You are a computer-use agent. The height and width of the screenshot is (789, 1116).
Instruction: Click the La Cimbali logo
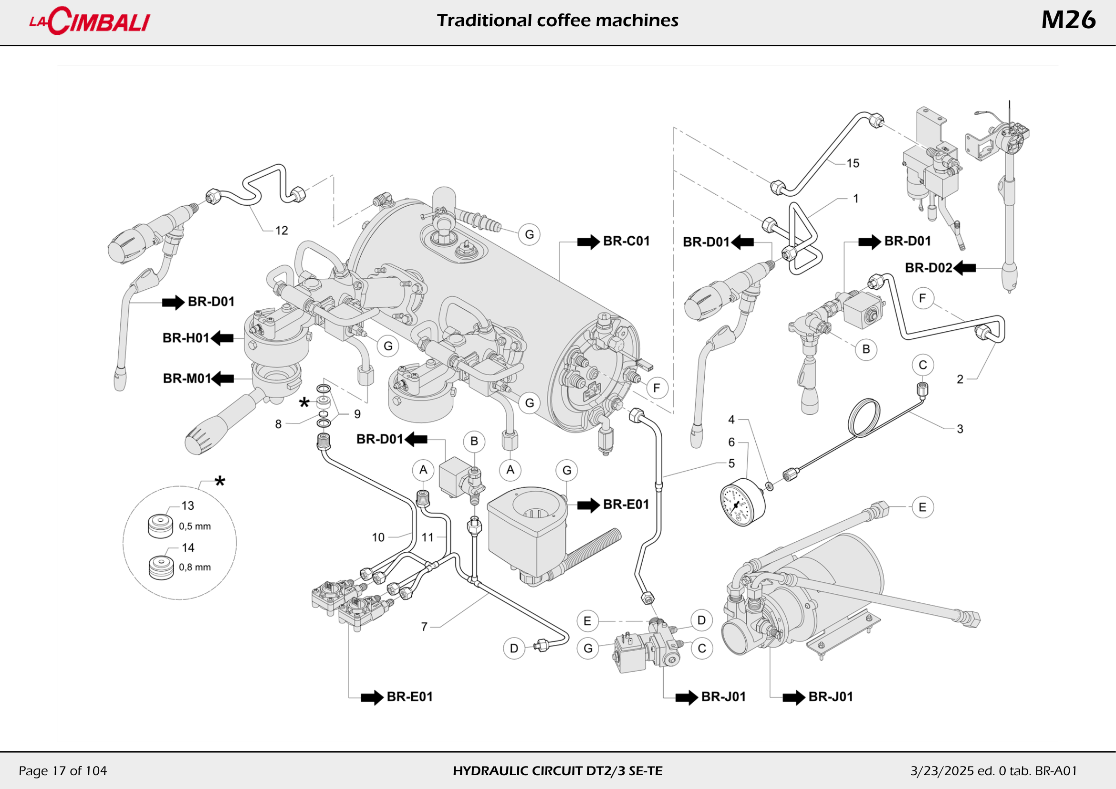(90, 21)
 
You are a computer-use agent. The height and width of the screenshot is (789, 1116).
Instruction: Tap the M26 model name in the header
(1068, 21)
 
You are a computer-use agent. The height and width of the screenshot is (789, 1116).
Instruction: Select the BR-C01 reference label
(626, 241)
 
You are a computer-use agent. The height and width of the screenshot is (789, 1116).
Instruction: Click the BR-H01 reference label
(186, 338)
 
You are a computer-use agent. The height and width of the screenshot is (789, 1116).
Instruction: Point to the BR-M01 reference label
(187, 378)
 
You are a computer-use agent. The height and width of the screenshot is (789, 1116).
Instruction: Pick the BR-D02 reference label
(928, 268)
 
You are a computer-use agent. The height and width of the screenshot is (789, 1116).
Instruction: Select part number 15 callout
(853, 163)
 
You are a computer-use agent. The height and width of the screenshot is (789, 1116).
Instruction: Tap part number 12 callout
(282, 231)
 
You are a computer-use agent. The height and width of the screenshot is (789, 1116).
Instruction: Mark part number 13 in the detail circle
(188, 505)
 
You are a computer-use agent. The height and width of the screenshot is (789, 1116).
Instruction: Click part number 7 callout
(424, 627)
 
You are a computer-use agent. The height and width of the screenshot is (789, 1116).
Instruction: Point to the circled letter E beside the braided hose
(922, 507)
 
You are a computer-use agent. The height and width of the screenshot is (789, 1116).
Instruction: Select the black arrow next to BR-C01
(588, 242)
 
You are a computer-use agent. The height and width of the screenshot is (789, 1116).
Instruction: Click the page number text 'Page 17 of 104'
(63, 770)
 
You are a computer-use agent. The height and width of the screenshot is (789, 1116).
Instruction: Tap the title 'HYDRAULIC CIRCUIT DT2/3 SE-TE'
(557, 771)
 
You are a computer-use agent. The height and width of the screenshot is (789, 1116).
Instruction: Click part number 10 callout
(378, 537)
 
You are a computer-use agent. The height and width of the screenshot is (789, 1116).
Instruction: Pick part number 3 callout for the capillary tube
(960, 429)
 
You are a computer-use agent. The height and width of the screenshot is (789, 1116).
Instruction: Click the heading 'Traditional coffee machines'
(557, 21)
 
